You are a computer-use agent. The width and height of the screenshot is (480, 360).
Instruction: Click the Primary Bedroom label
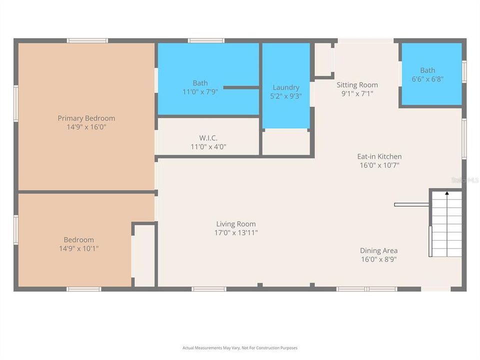tap(86, 118)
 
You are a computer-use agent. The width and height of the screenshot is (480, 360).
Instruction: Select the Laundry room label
tap(286, 87)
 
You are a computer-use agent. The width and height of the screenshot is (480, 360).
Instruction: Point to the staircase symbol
tap(446, 223)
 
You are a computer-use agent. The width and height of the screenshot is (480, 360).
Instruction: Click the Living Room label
tap(235, 224)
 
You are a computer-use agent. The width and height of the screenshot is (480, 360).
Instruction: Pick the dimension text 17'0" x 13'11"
tap(236, 233)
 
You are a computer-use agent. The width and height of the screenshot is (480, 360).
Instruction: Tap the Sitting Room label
tap(357, 85)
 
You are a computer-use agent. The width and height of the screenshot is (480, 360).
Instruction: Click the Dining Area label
tap(379, 250)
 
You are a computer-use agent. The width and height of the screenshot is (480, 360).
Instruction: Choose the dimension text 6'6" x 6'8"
tap(427, 79)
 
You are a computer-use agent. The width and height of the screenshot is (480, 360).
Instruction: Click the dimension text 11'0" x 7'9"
tap(200, 92)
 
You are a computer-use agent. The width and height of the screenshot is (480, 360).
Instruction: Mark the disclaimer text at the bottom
tap(240, 348)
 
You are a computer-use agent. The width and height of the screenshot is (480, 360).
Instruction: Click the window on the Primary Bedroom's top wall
tap(87, 40)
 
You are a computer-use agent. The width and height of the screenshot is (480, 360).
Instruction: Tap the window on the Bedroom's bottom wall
tap(84, 289)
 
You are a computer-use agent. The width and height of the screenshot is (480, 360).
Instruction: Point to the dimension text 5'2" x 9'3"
tap(286, 96)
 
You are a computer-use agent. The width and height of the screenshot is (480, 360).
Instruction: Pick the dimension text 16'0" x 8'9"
tap(379, 259)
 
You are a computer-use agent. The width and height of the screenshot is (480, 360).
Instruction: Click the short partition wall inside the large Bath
tap(240, 87)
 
